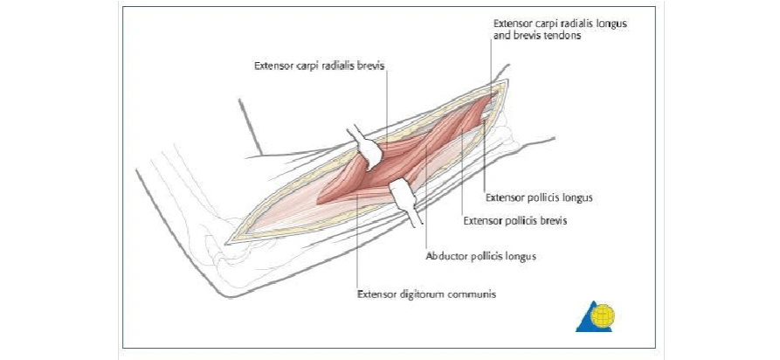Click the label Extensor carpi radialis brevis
click(x=319, y=66)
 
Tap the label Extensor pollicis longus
click(x=539, y=198)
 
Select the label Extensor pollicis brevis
click(x=514, y=221)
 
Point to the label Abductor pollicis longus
click(x=480, y=257)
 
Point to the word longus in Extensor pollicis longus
click(x=577, y=198)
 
